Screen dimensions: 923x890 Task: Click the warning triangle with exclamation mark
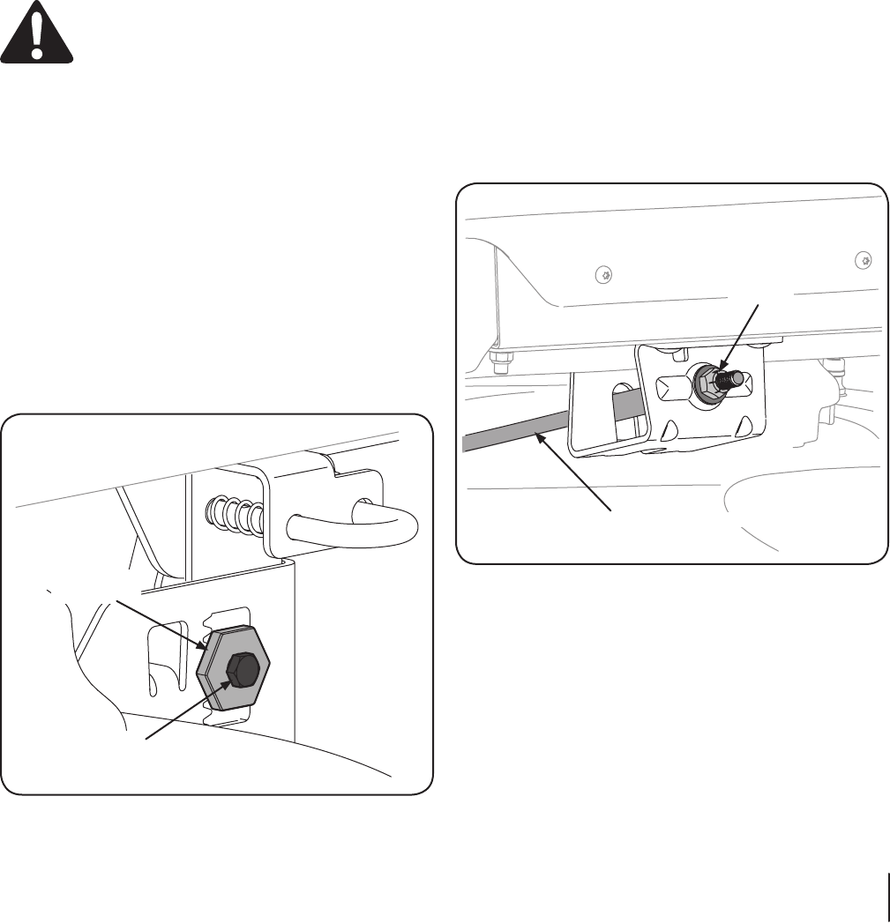pos(37,32)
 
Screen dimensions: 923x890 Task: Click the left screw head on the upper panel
pos(603,275)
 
